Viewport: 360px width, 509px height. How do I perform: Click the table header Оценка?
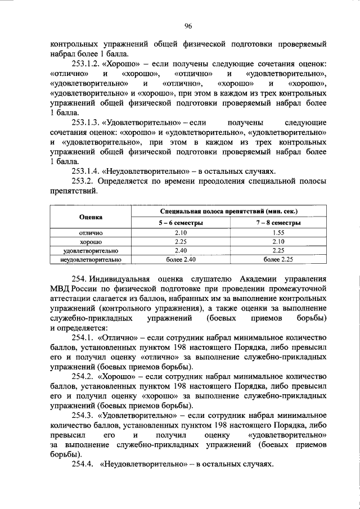coord(90,216)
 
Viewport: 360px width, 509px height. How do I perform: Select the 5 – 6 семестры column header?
coord(180,223)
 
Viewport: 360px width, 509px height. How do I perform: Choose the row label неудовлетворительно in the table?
coord(90,259)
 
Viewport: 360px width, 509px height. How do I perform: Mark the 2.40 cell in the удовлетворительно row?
coord(180,250)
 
